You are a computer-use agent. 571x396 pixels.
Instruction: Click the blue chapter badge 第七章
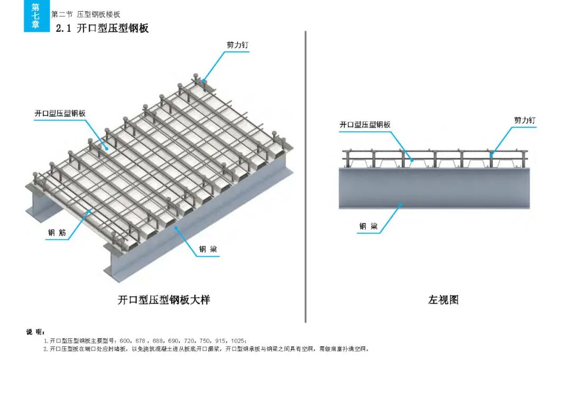(36, 16)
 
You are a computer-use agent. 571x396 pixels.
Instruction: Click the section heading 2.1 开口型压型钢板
(102, 29)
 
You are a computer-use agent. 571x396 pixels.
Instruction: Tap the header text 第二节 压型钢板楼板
(86, 15)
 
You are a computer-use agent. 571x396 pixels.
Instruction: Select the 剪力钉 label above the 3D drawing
(237, 45)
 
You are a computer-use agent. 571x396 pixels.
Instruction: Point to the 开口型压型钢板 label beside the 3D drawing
(60, 113)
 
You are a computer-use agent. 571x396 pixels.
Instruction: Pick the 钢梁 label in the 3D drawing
(208, 249)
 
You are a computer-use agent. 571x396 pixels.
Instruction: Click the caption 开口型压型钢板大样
(163, 300)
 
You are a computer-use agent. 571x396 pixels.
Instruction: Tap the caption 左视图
(443, 300)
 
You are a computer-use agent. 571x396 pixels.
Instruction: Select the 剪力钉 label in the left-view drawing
(524, 121)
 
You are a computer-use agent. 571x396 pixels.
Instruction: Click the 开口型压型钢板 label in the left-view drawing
(365, 124)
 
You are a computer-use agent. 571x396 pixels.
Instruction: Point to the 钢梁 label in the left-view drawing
(369, 227)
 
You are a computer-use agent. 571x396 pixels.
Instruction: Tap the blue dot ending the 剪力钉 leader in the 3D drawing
(204, 81)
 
